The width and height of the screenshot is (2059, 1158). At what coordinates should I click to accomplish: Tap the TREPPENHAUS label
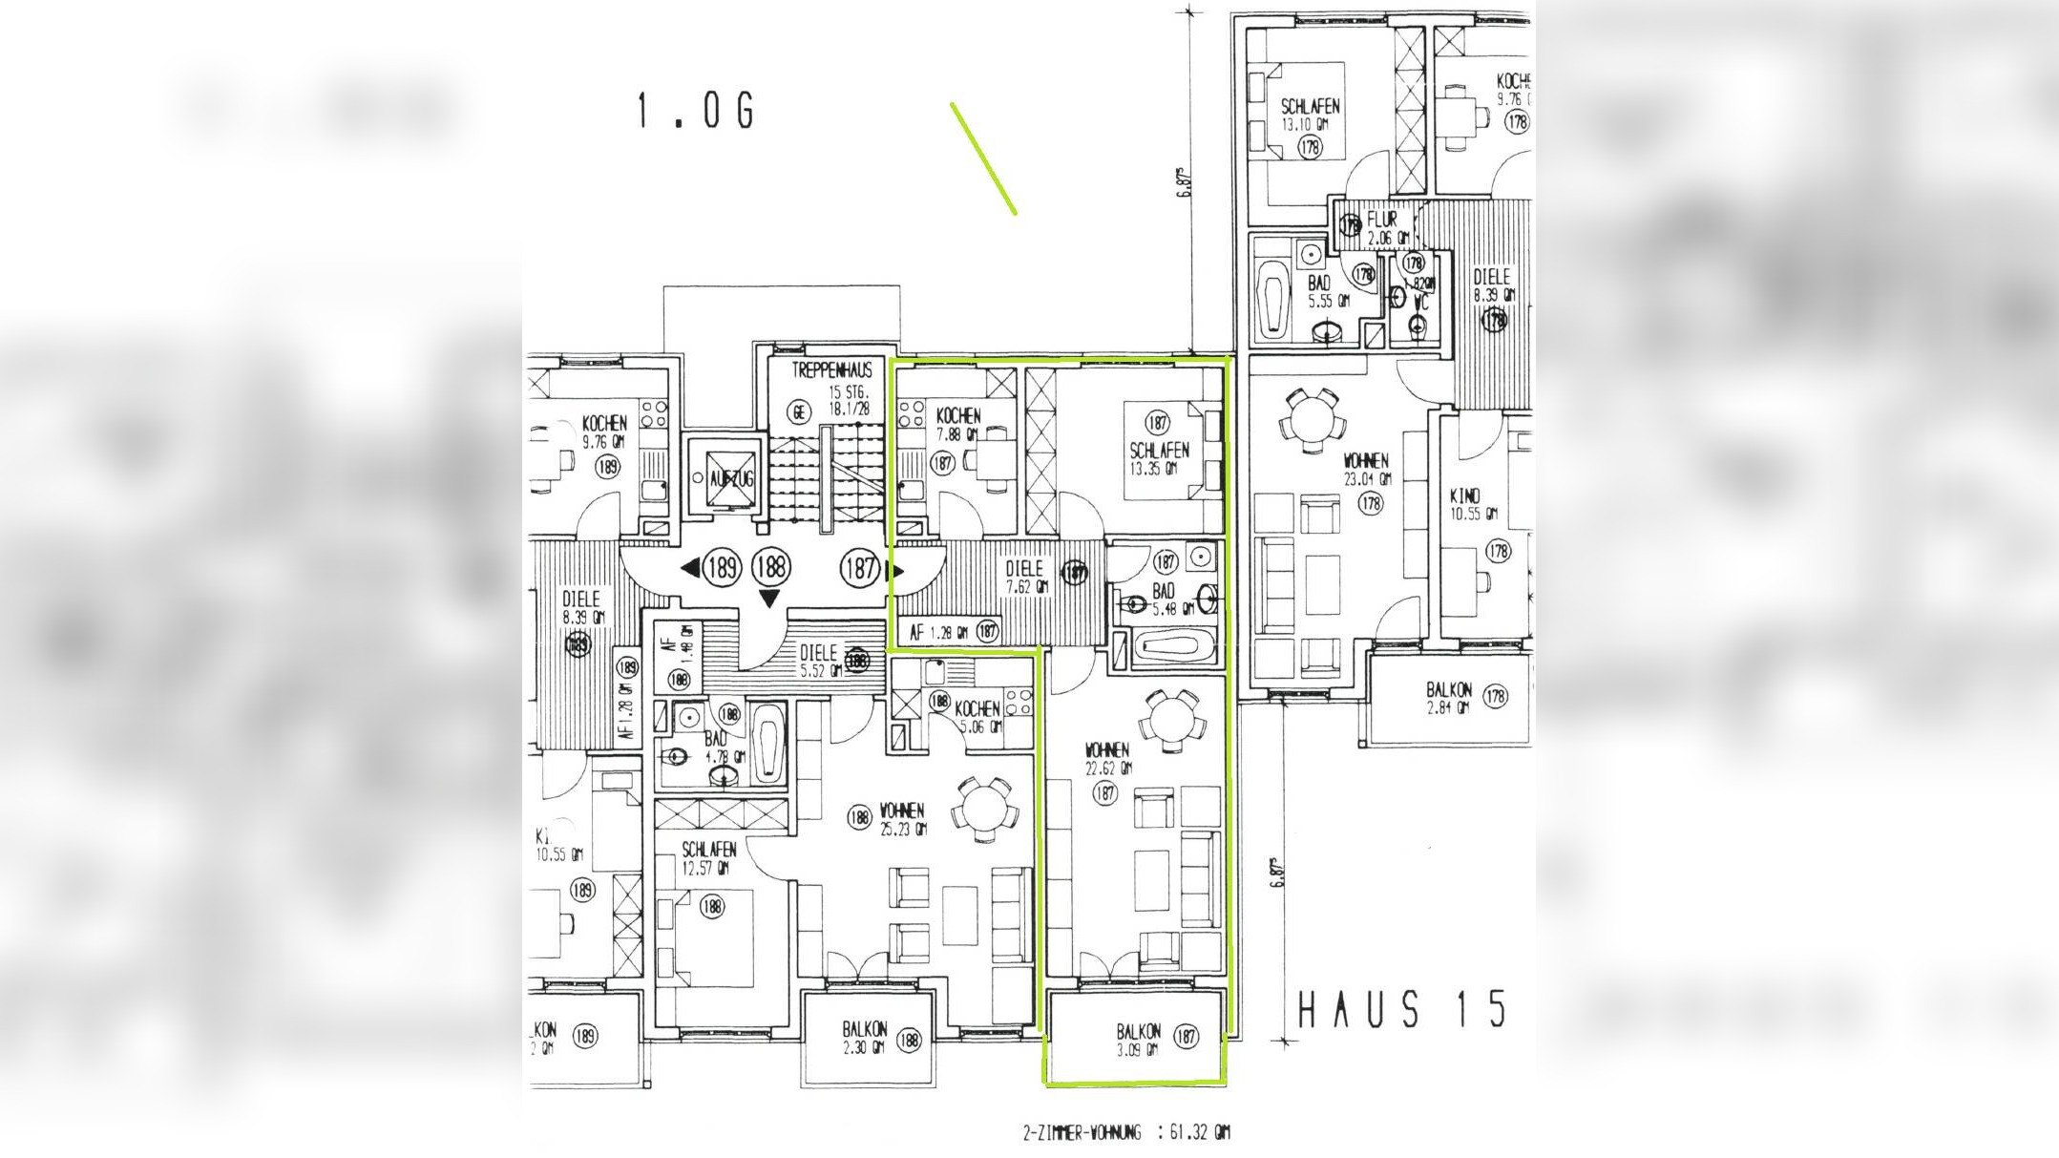(x=830, y=370)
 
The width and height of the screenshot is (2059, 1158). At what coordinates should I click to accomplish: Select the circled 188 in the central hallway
(x=770, y=567)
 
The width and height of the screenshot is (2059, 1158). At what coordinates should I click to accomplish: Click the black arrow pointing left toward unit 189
(x=689, y=569)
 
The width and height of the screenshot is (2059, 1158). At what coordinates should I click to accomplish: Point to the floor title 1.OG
(x=696, y=112)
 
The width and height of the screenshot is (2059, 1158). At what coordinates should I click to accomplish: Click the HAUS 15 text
(x=1402, y=1010)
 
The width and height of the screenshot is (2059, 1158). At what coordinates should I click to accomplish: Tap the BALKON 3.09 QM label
(x=1139, y=1040)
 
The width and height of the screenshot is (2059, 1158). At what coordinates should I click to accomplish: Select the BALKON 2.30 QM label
(x=865, y=1038)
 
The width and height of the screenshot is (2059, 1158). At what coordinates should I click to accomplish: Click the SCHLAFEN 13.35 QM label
(x=1159, y=457)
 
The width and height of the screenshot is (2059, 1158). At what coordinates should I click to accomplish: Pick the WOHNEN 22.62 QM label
(x=1107, y=758)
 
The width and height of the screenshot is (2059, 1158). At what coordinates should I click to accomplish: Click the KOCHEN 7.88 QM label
(x=958, y=423)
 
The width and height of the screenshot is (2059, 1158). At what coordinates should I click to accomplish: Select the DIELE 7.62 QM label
(x=1025, y=577)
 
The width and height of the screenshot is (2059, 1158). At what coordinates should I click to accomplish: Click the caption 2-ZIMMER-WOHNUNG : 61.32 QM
(x=1125, y=1133)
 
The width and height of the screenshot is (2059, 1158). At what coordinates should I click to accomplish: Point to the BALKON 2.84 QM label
(x=1449, y=697)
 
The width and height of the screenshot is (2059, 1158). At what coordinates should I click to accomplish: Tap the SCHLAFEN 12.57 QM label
(x=708, y=857)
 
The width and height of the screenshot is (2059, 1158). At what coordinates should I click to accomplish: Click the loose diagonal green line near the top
(x=983, y=158)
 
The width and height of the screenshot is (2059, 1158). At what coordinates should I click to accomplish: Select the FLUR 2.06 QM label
(x=1385, y=227)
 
